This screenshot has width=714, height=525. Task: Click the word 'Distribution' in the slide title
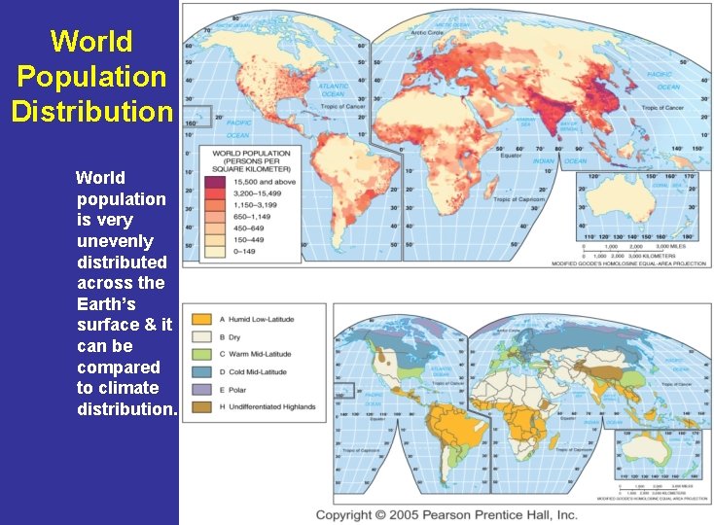[91, 111]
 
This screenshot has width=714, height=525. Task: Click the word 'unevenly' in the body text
[115, 240]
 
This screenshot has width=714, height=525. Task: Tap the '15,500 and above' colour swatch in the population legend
[214, 182]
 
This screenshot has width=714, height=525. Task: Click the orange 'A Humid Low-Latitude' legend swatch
[201, 319]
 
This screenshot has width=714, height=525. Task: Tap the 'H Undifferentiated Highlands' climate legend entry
[255, 406]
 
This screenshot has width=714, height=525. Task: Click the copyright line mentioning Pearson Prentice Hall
[446, 514]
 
